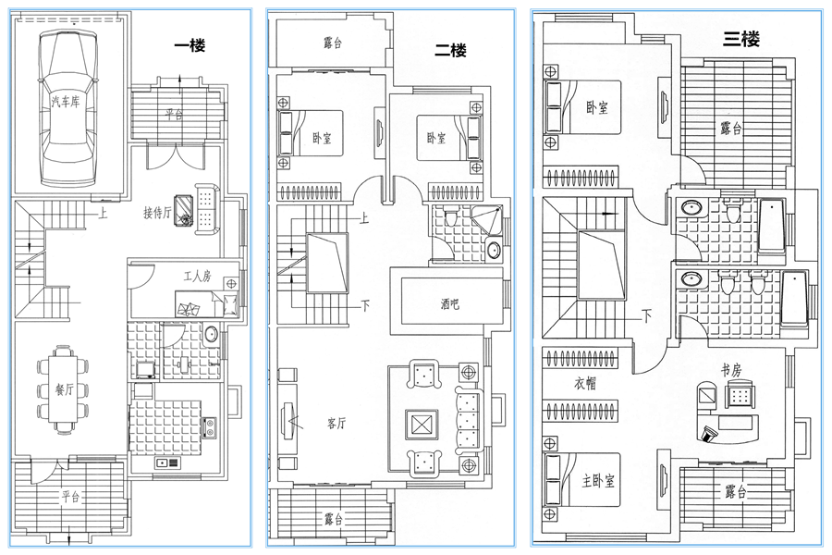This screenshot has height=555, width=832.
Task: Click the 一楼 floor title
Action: (190, 45)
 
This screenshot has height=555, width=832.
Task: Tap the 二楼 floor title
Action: (450, 51)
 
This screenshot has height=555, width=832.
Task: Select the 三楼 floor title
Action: (741, 39)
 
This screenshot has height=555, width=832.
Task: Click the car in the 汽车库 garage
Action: (67, 107)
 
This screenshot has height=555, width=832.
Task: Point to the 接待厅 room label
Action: (157, 213)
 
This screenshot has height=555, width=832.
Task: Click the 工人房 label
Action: (198, 277)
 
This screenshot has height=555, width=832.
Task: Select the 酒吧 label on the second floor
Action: (449, 303)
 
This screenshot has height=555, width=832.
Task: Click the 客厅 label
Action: (336, 424)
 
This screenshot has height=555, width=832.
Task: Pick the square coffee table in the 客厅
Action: (422, 425)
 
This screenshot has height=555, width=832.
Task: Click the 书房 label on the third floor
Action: (730, 370)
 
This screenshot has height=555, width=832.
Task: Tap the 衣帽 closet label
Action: (585, 383)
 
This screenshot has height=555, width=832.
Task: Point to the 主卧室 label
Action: (598, 481)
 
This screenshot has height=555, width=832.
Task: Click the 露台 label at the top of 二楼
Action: (333, 43)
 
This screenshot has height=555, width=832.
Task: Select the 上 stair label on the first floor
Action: (103, 214)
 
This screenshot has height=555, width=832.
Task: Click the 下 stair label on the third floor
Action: (647, 317)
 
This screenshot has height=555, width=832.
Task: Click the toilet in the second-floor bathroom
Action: (451, 216)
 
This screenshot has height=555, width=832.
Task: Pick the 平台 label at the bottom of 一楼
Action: (70, 497)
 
